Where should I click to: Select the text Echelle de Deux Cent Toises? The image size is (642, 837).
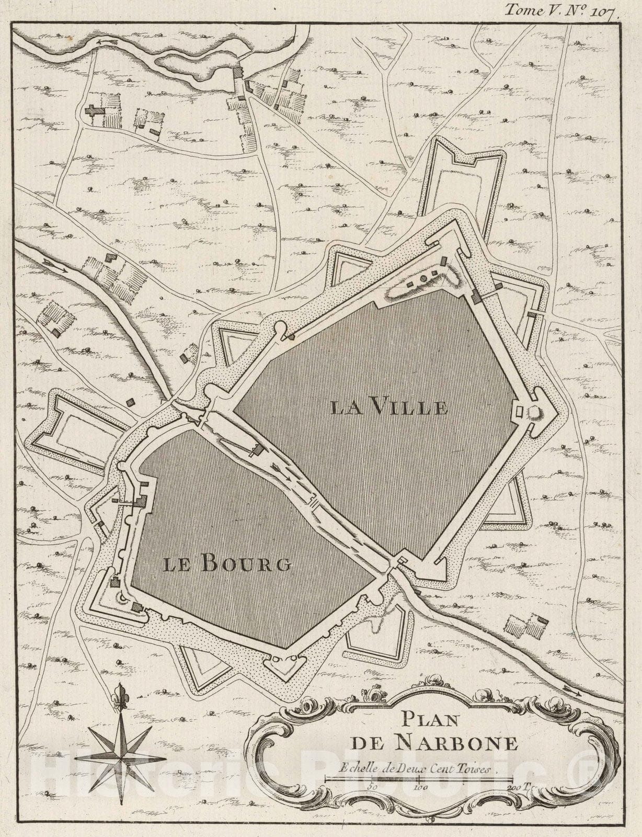click(x=416, y=768)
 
